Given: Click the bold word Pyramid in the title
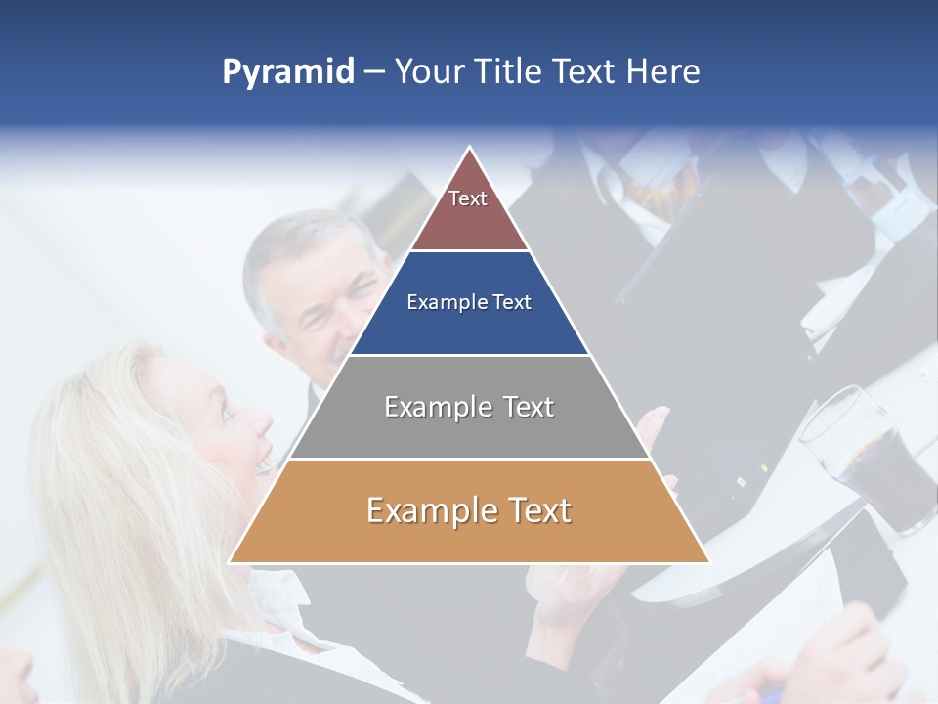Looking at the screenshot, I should click(x=288, y=72).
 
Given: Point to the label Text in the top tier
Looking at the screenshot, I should click(x=468, y=198).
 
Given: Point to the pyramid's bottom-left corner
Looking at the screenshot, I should click(x=230, y=562).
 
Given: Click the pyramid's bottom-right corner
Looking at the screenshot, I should click(x=708, y=562).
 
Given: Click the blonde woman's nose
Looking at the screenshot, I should click(x=263, y=422).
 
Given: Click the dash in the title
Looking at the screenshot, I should click(x=374, y=72).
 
